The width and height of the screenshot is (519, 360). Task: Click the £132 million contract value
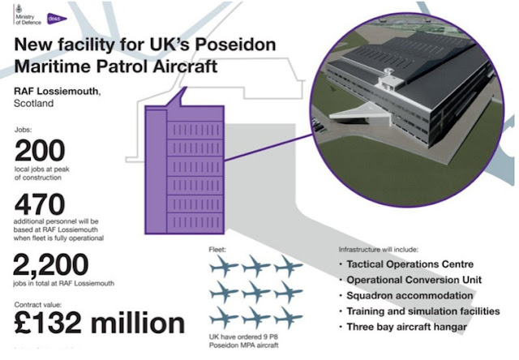(x=99, y=322)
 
